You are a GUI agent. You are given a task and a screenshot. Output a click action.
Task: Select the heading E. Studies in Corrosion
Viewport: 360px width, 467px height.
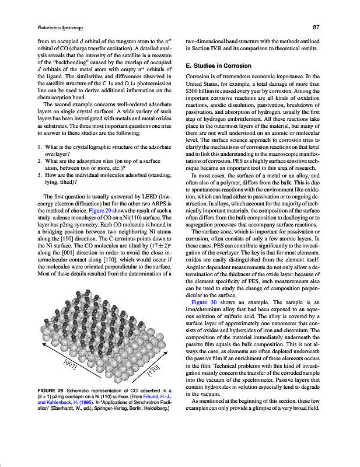pyautogui.click(x=218, y=65)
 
